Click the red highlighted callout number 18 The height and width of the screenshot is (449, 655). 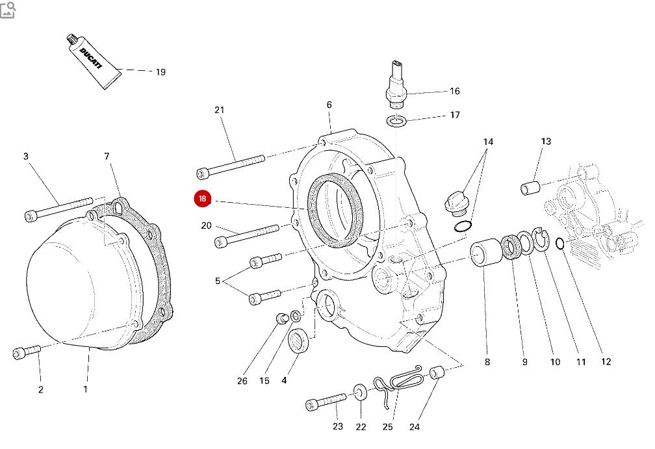pos(203,199)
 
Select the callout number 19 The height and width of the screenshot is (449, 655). pos(161,72)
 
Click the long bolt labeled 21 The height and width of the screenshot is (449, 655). pos(231,165)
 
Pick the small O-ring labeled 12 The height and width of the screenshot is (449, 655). pos(560,244)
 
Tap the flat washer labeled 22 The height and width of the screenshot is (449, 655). pos(360,392)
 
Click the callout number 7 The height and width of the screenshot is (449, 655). pos(107,156)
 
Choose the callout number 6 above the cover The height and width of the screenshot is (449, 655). pos(329,105)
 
